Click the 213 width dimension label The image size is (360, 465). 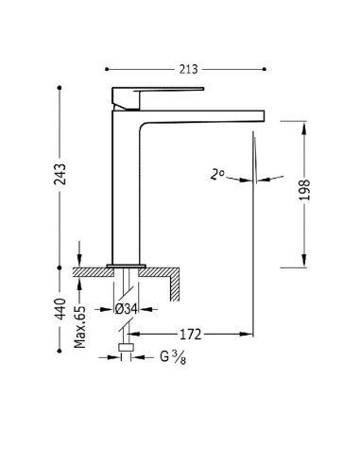tap(188, 69)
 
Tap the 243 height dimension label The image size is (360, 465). tap(60, 174)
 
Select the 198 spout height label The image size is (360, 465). tap(304, 190)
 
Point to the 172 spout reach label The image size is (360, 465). tap(190, 334)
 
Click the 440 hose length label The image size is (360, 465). tap(60, 309)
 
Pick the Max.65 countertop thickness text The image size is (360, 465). tap(79, 327)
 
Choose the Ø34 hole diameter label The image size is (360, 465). tap(126, 309)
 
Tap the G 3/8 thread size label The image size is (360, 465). tap(173, 357)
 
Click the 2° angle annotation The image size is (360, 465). tap(217, 174)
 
